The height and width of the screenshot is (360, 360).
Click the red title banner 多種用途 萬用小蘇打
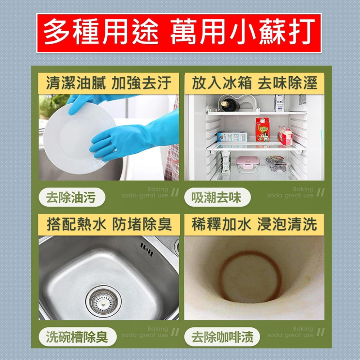[179, 33]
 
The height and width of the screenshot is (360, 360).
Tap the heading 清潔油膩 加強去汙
[108, 83]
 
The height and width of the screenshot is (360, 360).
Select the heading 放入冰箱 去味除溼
[254, 83]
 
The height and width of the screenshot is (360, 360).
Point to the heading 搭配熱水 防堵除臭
[108, 225]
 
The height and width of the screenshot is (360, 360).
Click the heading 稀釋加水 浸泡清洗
[254, 225]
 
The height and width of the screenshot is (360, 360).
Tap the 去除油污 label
[72, 198]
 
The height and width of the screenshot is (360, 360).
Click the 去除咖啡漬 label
[222, 337]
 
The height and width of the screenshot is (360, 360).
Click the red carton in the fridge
[262, 130]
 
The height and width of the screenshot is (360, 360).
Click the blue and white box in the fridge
[232, 136]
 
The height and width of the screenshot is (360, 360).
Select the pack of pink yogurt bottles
[285, 136]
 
